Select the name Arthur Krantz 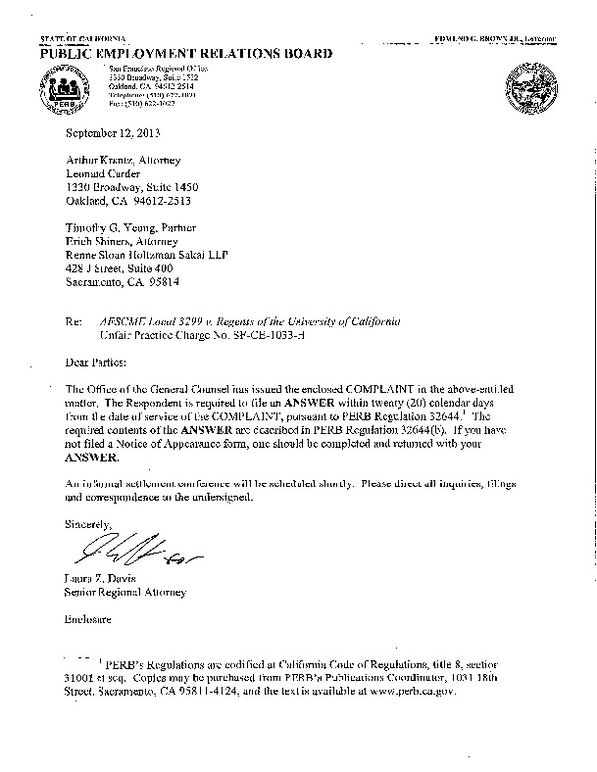pyautogui.click(x=97, y=159)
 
